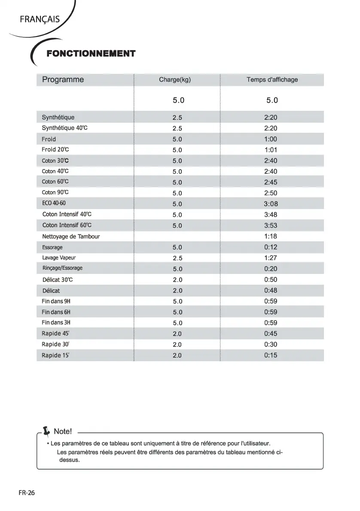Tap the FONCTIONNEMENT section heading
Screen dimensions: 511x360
coord(91,54)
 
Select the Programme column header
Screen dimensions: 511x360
coord(63,79)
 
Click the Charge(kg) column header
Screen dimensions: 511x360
coord(174,79)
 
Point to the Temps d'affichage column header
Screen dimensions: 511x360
coord(272,79)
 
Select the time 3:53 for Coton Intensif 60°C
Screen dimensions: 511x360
coord(271,225)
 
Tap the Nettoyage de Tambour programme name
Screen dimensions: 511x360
coord(71,236)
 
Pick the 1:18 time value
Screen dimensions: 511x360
coord(271,236)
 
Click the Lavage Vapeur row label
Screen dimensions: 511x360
coord(59,258)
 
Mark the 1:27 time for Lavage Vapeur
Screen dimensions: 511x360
coord(271,258)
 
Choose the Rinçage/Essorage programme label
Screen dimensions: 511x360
coord(62,268)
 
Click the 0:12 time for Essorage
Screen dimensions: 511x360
coord(271,247)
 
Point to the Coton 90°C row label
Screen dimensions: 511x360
coord(55,192)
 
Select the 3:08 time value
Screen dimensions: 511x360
coord(271,204)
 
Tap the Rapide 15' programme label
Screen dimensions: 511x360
coord(55,355)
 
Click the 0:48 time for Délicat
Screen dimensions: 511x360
coord(271,290)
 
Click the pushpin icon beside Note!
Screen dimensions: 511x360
coord(47,431)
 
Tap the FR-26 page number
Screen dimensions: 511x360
coord(27,493)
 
